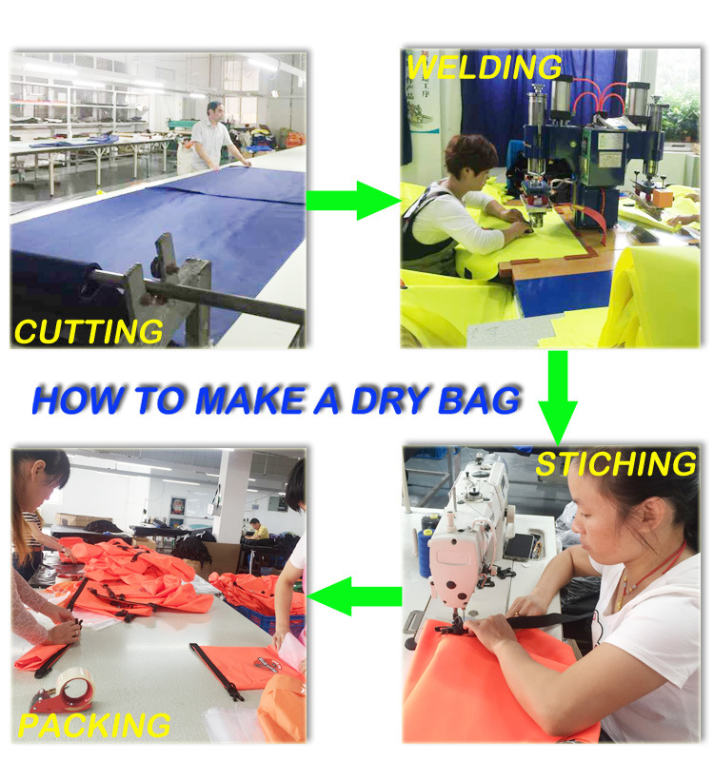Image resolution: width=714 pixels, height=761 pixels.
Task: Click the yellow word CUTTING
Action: [89, 331]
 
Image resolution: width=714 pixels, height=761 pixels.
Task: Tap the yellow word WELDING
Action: [484, 67]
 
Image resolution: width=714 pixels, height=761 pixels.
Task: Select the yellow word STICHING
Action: [616, 463]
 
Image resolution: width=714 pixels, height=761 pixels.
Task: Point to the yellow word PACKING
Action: [94, 726]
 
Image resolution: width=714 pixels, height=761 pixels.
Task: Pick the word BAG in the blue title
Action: [479, 400]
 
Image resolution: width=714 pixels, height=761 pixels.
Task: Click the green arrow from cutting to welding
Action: [353, 201]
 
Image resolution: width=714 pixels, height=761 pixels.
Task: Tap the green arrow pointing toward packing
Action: [354, 596]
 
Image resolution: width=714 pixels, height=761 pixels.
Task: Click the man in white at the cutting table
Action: [213, 138]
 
